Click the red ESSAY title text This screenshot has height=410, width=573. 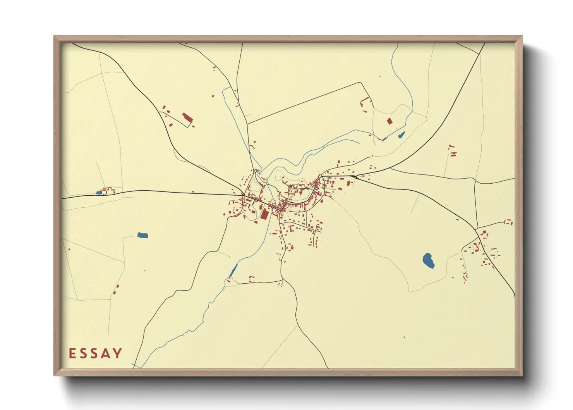(x=96, y=353)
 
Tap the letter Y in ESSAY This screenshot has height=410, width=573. (x=117, y=353)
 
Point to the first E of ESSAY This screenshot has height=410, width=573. (x=72, y=353)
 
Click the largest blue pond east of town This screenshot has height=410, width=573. (x=428, y=260)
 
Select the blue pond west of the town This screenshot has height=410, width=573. (x=142, y=235)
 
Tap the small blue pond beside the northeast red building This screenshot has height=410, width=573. (x=401, y=135)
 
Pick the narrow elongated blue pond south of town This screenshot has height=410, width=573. (x=233, y=270)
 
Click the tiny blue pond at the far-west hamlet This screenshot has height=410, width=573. (x=99, y=192)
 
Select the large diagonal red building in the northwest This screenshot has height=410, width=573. (x=187, y=118)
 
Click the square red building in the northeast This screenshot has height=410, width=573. (x=389, y=121)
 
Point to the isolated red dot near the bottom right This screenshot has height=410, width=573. (x=404, y=337)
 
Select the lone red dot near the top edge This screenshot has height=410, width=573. (x=380, y=76)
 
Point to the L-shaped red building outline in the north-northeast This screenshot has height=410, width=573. (x=364, y=102)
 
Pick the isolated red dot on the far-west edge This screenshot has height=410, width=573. (x=69, y=249)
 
